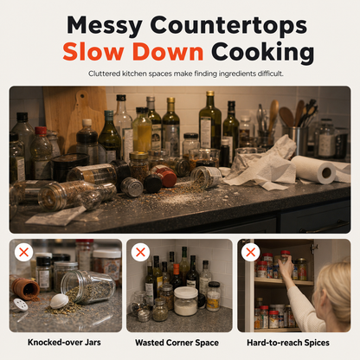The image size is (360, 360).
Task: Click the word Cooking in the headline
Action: click(x=262, y=54)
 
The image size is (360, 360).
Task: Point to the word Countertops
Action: click(x=228, y=25)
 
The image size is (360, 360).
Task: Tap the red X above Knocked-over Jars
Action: click(x=23, y=253)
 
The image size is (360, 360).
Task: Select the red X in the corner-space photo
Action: click(x=140, y=253)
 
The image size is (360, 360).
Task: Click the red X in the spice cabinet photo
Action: click(x=251, y=253)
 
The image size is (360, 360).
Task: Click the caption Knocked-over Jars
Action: click(x=64, y=343)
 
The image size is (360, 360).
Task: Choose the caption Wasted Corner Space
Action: click(x=177, y=343)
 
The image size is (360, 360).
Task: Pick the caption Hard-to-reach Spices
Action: click(x=288, y=343)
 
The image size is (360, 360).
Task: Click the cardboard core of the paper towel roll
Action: click(x=326, y=172)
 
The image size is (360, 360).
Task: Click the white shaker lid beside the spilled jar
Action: click(x=59, y=301)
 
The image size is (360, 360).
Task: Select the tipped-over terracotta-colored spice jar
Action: click(x=25, y=289)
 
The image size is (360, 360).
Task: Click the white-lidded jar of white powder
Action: click(x=186, y=301)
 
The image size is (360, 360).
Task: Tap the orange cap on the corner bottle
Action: click(x=176, y=269)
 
